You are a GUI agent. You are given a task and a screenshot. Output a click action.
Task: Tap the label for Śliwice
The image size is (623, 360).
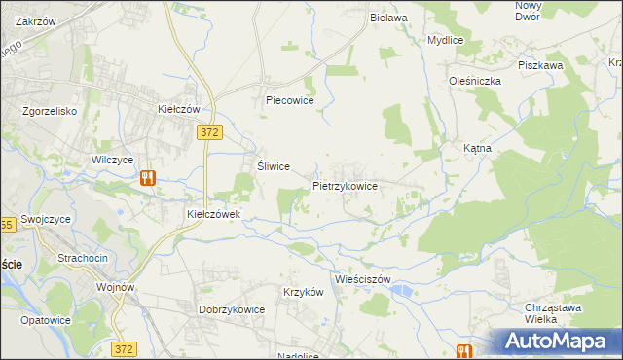(x=273, y=166)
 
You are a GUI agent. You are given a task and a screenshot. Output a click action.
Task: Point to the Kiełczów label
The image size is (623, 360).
(x=178, y=109)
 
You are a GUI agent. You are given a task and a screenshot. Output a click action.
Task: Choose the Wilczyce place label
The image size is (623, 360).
(x=111, y=159)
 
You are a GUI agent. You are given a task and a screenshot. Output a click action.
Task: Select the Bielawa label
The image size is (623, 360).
(x=387, y=18)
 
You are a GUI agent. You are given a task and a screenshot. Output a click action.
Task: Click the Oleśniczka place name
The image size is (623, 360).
(x=474, y=81)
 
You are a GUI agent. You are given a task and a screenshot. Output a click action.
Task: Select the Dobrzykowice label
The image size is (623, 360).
(x=233, y=309)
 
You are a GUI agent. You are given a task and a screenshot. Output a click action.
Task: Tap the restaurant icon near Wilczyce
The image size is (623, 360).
(x=147, y=178)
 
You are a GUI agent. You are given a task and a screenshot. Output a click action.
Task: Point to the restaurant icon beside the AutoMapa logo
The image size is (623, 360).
(x=463, y=351)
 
